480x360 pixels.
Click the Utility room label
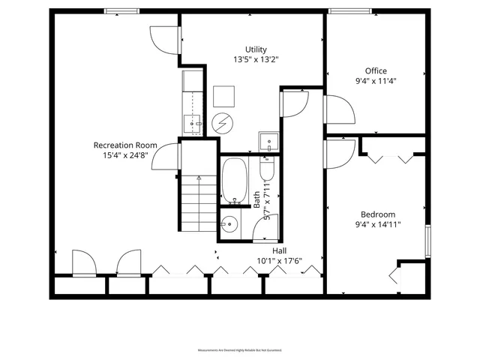256,49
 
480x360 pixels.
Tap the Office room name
376,71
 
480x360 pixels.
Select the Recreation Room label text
124,145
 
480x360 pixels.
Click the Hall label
279,250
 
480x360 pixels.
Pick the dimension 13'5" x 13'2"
256,59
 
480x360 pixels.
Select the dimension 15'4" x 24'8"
124,155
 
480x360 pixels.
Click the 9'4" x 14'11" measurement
378,223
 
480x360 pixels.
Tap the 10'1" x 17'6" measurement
279,261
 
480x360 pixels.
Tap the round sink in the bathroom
229,223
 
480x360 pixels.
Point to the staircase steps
199,202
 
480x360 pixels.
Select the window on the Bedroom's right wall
427,239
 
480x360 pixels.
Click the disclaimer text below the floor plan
240,350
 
